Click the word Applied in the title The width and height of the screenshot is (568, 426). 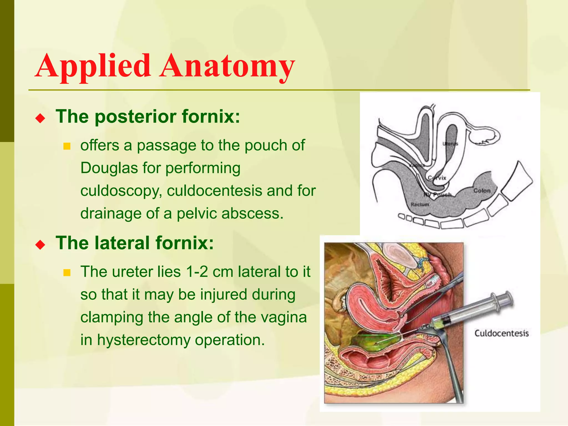(93, 67)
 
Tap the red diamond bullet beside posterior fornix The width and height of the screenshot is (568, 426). (40, 119)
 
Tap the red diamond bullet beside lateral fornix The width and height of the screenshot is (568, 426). (40, 245)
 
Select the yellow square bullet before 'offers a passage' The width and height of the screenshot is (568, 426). (67, 146)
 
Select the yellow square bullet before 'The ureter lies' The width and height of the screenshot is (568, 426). (67, 273)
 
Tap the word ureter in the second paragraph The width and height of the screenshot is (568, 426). (132, 272)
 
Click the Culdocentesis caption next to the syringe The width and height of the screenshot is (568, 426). (501, 333)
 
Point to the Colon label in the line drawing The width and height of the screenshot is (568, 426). (482, 191)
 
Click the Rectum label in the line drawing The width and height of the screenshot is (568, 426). (420, 204)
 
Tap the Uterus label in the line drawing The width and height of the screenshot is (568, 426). (450, 144)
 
